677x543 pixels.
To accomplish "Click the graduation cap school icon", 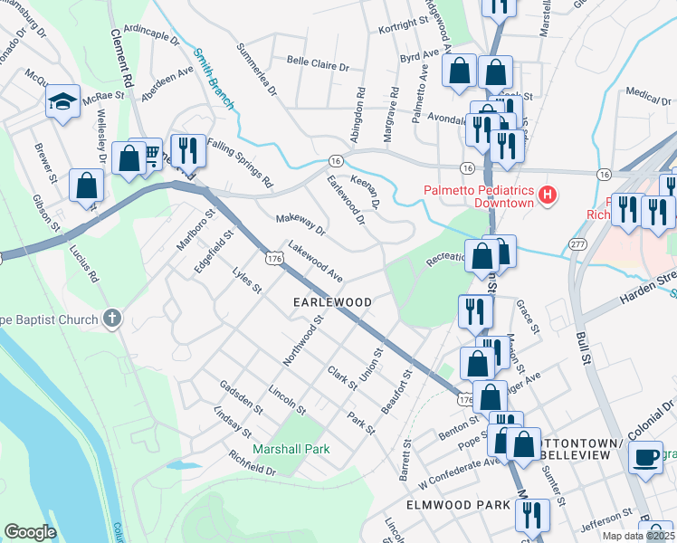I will coord(62,100).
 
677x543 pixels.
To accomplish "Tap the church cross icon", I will coord(111,317).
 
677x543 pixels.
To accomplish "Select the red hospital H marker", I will coord(546,195).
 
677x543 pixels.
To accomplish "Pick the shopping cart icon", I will coord(149,153).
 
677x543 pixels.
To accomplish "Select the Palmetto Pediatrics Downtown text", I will coord(479,196).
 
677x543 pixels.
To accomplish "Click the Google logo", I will coord(30,531).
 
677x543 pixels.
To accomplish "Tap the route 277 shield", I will coord(577,244).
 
